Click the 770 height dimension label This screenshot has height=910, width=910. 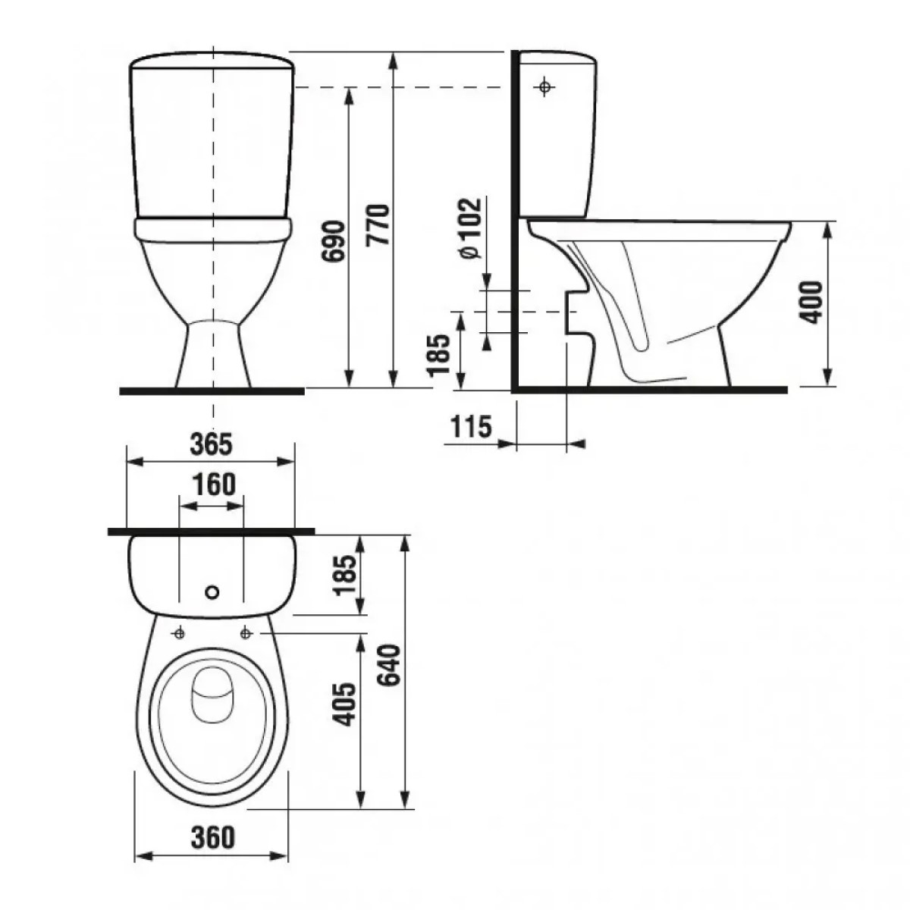click(x=378, y=224)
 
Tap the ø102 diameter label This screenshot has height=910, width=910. click(x=470, y=228)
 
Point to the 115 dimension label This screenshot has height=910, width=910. click(x=471, y=427)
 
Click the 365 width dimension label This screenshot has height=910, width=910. click(x=211, y=444)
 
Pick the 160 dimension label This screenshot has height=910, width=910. click(x=214, y=485)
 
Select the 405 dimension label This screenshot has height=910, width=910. click(x=344, y=704)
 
